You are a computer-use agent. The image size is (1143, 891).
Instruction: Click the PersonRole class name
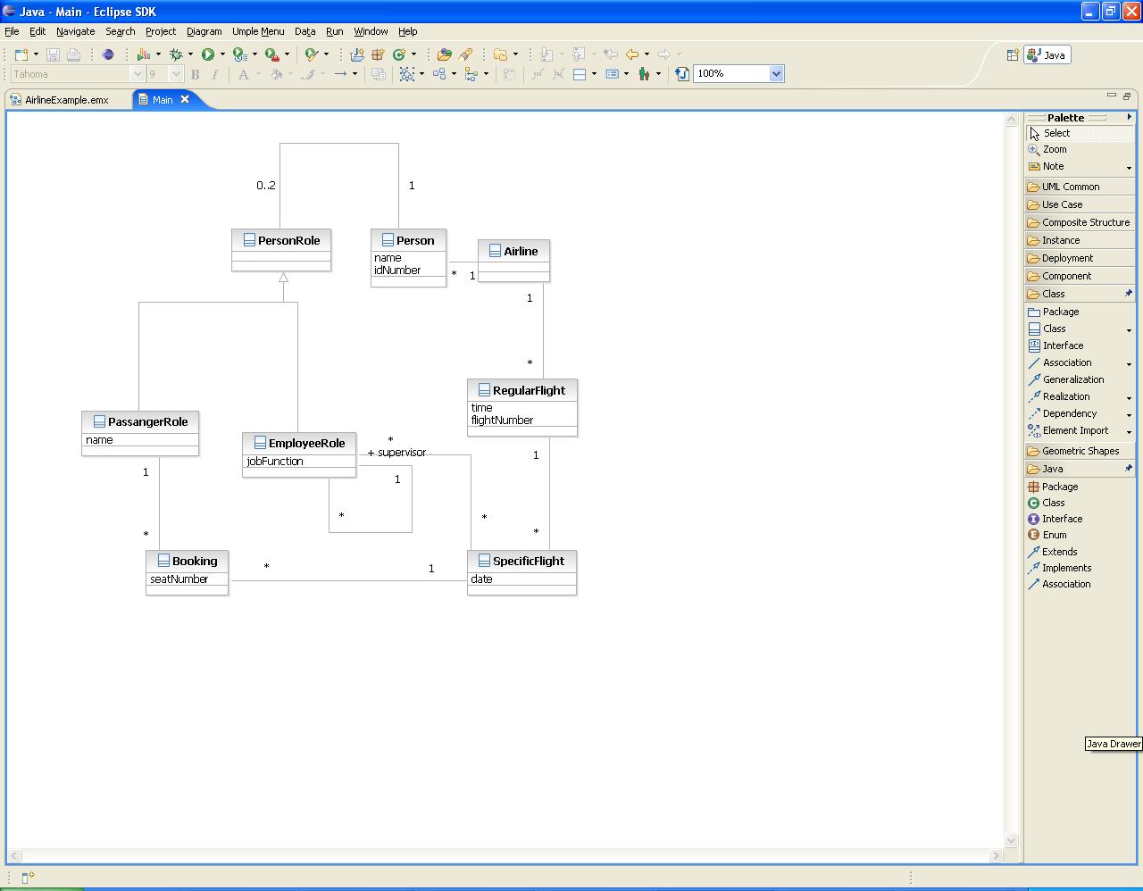pos(288,240)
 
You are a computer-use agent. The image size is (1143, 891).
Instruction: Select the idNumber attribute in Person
pos(397,271)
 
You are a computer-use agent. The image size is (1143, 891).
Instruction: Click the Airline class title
pos(521,251)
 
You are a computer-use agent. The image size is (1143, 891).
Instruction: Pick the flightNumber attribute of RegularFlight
pos(502,420)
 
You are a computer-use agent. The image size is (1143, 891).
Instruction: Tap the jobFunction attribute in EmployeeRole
pos(274,461)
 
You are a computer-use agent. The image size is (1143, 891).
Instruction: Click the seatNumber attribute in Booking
pos(179,579)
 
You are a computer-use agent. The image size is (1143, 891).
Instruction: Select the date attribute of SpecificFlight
pos(481,579)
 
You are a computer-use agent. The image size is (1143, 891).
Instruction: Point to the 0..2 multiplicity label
pos(265,185)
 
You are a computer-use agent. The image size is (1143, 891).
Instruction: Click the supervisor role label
pos(402,452)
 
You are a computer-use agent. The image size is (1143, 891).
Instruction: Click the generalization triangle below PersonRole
pos(283,277)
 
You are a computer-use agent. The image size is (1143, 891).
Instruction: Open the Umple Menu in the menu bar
pos(258,31)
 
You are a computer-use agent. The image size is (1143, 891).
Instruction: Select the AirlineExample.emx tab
pos(67,100)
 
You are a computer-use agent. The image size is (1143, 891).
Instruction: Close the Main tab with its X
pos(185,99)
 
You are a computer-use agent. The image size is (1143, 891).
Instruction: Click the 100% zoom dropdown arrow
pos(776,73)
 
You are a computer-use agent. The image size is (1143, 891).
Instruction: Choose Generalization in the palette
pos(1073,379)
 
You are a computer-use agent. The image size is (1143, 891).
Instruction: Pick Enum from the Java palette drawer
pos(1055,535)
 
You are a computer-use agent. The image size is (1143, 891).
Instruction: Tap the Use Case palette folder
pos(1062,204)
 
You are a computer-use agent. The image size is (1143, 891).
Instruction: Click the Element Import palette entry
pos(1075,430)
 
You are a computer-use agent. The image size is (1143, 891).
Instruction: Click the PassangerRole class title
pos(148,421)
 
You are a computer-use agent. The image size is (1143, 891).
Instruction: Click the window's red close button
pos(1131,11)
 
